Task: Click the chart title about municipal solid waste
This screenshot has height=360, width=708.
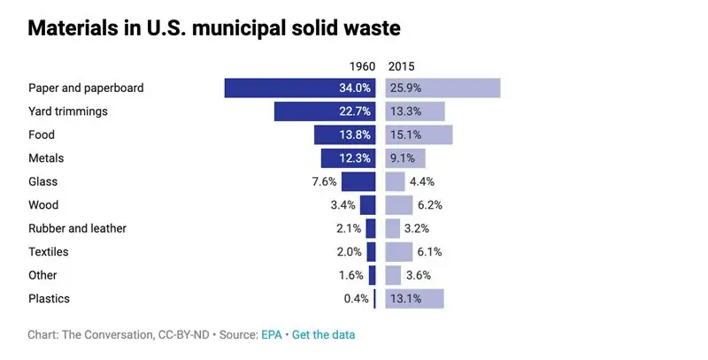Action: point(214,28)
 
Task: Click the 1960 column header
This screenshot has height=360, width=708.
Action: point(361,66)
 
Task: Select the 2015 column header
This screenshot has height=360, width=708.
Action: point(401,66)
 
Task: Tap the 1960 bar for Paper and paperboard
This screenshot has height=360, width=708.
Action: point(300,88)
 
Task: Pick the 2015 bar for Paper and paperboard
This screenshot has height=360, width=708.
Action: point(443,88)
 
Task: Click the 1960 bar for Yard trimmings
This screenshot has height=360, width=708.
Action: point(325,111)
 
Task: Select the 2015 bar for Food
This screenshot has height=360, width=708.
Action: point(419,135)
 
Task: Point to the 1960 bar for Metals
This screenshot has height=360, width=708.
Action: point(348,158)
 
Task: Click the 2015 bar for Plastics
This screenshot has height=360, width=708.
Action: point(415,299)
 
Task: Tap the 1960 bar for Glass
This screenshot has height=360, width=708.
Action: point(358,182)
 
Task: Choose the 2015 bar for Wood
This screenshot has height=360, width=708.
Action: point(399,205)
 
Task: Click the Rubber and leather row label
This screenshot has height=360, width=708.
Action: point(77,228)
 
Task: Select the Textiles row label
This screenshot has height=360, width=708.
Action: point(49,252)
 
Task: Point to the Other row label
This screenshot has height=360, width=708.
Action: point(42,275)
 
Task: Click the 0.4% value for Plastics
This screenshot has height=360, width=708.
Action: point(356,299)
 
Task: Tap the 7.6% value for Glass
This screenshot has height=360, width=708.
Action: point(324,182)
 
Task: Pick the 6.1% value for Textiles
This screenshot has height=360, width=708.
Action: point(428,252)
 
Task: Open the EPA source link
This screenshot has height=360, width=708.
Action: point(272,335)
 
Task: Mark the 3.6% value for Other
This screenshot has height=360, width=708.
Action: point(418,275)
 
